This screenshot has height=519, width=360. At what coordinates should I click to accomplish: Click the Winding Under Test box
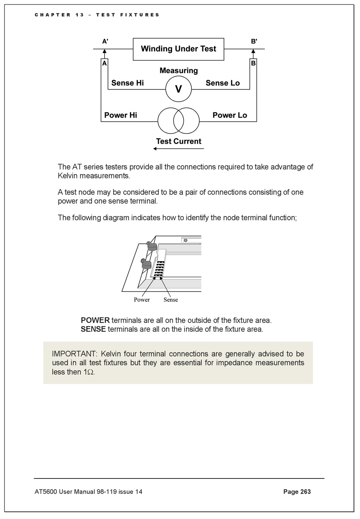click(178, 49)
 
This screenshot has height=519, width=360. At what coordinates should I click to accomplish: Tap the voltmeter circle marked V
click(178, 89)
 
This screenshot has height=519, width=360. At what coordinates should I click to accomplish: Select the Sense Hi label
click(127, 83)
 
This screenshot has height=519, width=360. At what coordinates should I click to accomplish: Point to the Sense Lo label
click(222, 83)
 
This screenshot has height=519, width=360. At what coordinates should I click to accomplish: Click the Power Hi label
click(121, 115)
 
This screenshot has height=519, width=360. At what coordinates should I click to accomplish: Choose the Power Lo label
click(230, 115)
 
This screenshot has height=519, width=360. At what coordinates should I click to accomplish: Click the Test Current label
click(178, 141)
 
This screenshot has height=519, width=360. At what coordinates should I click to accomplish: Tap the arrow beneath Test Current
click(178, 149)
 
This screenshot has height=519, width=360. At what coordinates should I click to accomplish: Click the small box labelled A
click(104, 63)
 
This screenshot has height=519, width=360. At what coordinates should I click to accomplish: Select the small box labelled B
click(253, 63)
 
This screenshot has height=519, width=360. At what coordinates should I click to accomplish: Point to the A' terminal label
click(105, 42)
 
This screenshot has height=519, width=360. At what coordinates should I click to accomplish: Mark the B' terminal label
click(254, 42)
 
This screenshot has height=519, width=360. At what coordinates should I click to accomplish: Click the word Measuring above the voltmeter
click(178, 71)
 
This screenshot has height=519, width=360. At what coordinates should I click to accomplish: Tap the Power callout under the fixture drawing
click(142, 300)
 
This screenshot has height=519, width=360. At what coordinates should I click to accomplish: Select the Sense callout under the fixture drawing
click(171, 300)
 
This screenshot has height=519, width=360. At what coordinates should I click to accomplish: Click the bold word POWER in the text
click(95, 320)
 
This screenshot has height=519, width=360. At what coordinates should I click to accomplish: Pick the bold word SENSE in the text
click(93, 329)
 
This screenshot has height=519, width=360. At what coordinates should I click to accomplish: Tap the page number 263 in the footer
click(305, 492)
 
